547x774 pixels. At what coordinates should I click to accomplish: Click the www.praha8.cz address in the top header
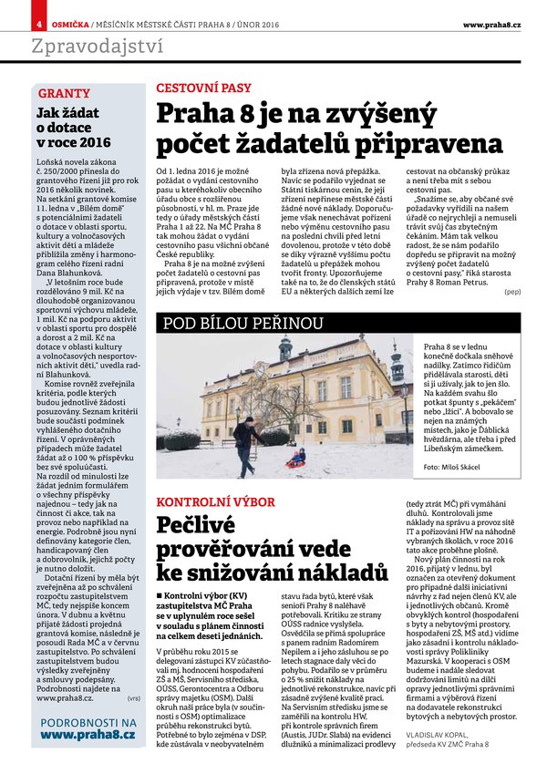(x=491, y=22)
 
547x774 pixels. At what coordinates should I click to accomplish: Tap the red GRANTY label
(x=64, y=94)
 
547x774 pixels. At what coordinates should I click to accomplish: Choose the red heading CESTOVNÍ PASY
(x=203, y=88)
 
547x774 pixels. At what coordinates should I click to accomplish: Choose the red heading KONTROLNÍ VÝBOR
(x=216, y=502)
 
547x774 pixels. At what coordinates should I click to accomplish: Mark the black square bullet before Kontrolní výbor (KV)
(x=160, y=595)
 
